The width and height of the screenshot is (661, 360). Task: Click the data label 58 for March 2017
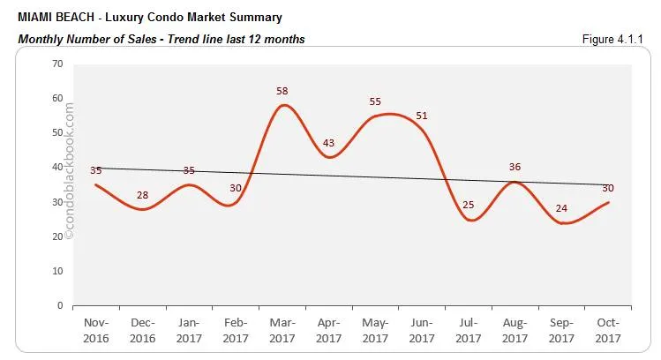[282, 92]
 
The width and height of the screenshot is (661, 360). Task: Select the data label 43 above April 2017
[328, 143]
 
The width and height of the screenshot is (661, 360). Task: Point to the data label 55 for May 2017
[376, 102]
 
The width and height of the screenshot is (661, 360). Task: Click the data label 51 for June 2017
[422, 116]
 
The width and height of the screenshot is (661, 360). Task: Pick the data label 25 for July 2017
[469, 206]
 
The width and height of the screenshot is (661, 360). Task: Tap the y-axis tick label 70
[57, 64]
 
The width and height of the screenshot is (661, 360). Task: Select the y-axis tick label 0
[60, 305]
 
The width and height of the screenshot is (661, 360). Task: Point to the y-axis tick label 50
[57, 132]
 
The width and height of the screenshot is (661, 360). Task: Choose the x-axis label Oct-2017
[609, 331]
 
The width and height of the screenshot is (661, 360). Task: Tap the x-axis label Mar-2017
[281, 331]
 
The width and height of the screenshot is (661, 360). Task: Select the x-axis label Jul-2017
[469, 331]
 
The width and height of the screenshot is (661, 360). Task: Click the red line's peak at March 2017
[282, 105]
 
